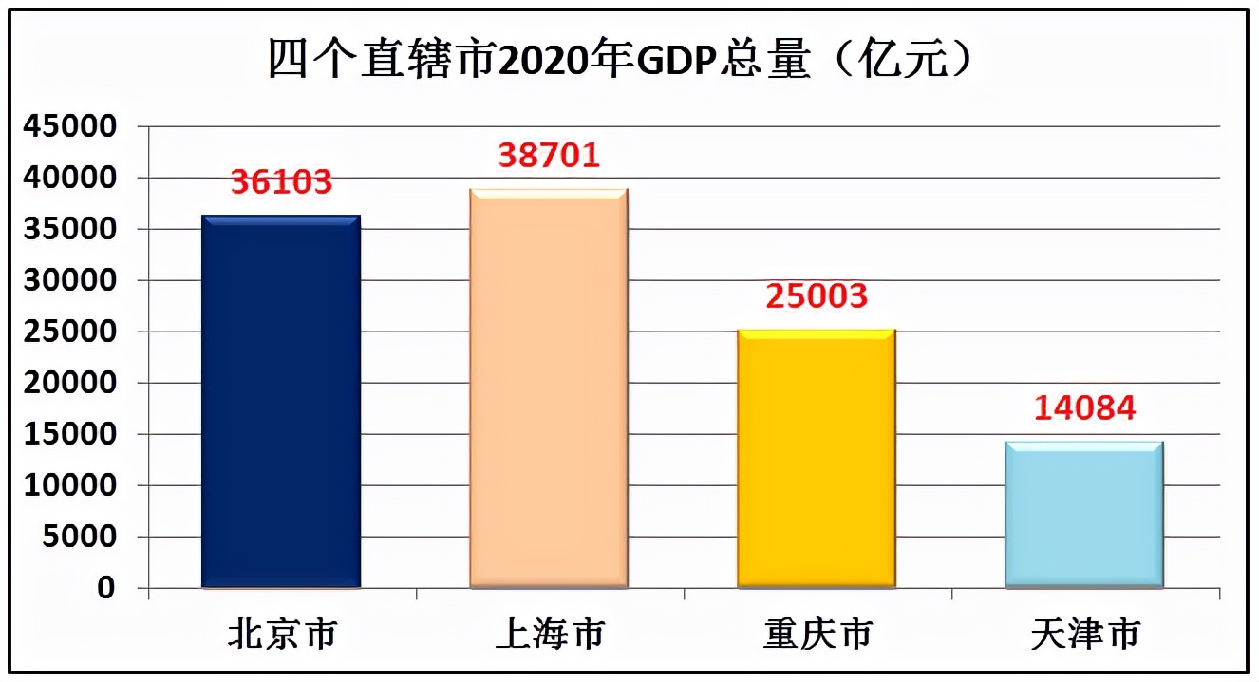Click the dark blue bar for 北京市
[x=281, y=402]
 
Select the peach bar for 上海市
[x=549, y=388]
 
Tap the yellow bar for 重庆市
[x=817, y=459]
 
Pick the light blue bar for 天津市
[x=1084, y=515]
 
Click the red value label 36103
[x=281, y=181]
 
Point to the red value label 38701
[x=549, y=155]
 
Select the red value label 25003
[x=817, y=295]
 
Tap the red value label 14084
[x=1084, y=407]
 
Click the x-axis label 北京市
[x=282, y=635]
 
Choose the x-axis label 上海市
[x=550, y=635]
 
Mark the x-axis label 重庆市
[x=817, y=635]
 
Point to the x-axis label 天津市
[x=1085, y=635]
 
